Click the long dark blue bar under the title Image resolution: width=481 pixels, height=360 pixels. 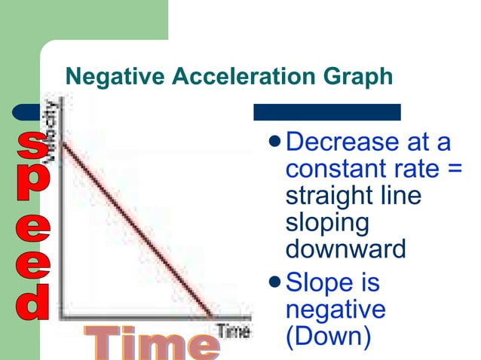[326, 112]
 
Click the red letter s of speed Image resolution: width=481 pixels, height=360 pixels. [31, 145]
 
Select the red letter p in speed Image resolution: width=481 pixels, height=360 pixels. [31, 186]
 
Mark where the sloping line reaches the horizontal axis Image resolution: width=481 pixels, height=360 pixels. [210, 315]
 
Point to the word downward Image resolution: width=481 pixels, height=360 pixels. [346, 249]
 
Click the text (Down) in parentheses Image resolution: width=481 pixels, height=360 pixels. [329, 336]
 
